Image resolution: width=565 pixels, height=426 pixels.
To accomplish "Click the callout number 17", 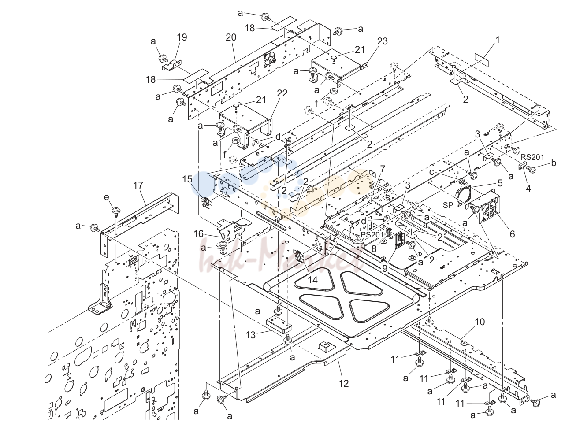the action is pos(138,185).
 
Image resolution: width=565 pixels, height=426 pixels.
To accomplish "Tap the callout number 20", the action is pos(231,37).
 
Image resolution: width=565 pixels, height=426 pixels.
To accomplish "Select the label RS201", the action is pos(532,157).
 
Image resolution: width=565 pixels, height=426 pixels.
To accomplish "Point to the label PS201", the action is pos(372,234).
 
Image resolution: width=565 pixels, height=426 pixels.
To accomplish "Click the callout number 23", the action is pos(382,41).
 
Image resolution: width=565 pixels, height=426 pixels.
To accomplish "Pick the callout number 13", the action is pos(250,335).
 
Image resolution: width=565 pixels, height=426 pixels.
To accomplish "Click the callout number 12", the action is pos(344,383).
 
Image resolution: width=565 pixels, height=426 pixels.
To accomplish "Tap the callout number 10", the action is pos(480,322).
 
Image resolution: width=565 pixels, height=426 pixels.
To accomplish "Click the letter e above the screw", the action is pos(107,197).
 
